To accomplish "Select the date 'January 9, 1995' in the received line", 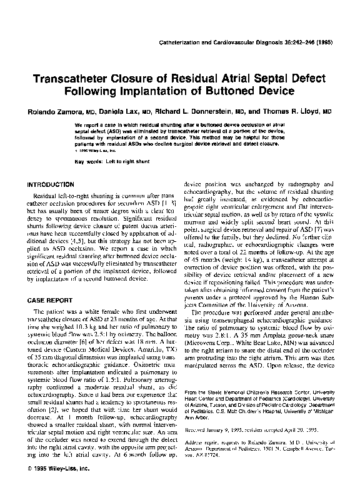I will [224, 448].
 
